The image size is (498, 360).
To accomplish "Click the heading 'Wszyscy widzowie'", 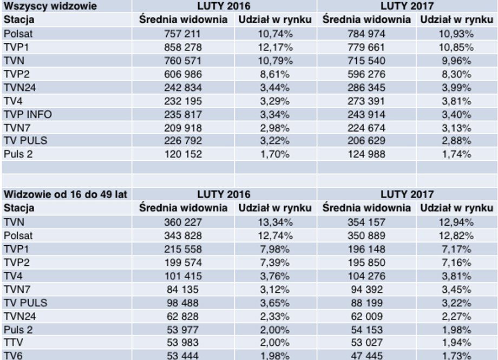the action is click(x=50, y=6).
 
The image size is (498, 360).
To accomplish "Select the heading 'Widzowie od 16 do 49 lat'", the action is click(x=65, y=194).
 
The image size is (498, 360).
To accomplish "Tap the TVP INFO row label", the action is click(x=28, y=114).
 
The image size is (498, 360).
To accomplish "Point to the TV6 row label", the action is click(x=13, y=356).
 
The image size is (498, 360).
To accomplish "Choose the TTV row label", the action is click(x=13, y=342).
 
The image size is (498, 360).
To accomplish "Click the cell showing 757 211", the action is click(x=183, y=34).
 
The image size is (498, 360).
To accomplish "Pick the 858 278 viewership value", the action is click(x=183, y=47).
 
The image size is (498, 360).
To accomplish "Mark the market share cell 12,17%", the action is click(x=275, y=47).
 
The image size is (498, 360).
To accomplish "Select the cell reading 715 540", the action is click(x=366, y=61).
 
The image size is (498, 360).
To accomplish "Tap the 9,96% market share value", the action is click(x=456, y=61).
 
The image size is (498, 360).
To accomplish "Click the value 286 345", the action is click(x=366, y=87).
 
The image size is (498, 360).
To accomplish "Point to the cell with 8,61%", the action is click(x=275, y=74).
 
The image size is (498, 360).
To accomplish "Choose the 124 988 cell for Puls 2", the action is click(x=366, y=154).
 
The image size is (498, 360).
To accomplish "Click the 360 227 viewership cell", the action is click(x=183, y=222).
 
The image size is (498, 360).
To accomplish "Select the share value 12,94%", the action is click(x=456, y=222).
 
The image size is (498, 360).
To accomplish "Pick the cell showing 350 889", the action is click(x=366, y=235).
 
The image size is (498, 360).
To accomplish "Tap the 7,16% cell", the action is click(x=456, y=263).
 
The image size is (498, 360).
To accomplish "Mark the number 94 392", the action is click(x=367, y=290).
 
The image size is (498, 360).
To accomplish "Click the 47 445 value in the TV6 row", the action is click(x=367, y=356).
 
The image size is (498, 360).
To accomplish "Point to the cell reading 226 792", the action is click(x=183, y=140).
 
